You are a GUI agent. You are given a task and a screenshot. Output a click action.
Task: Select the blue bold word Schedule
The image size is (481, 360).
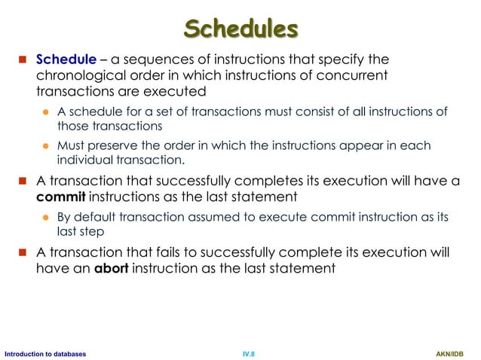(66, 59)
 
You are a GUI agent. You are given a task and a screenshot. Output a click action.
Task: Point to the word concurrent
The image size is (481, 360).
(357, 75)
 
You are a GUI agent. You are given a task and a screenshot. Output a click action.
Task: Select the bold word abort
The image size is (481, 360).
(110, 268)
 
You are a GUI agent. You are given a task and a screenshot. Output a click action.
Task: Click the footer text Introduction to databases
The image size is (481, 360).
(43, 353)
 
